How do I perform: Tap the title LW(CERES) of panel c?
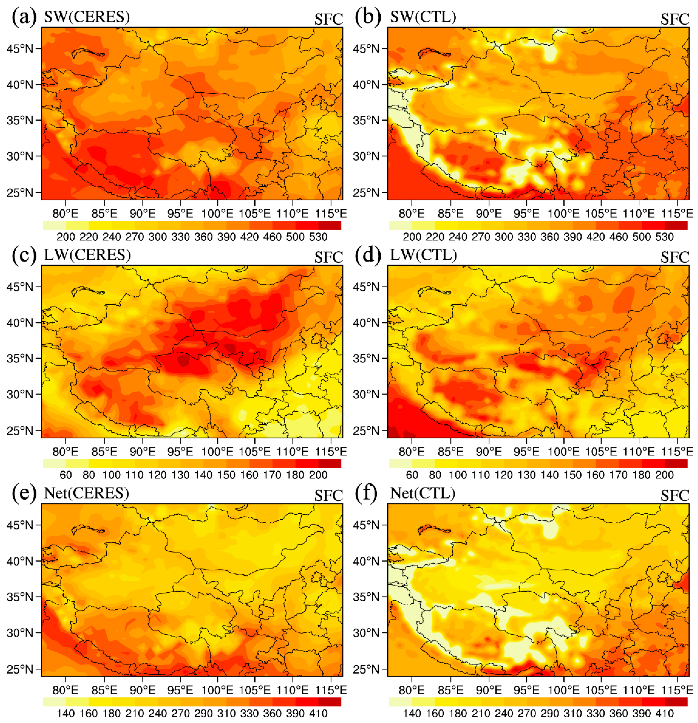click(87, 255)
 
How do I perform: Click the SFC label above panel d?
click(674, 257)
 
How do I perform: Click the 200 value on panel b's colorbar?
click(412, 237)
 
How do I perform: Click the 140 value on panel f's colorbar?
click(412, 713)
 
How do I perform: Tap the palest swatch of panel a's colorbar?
click(55, 225)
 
